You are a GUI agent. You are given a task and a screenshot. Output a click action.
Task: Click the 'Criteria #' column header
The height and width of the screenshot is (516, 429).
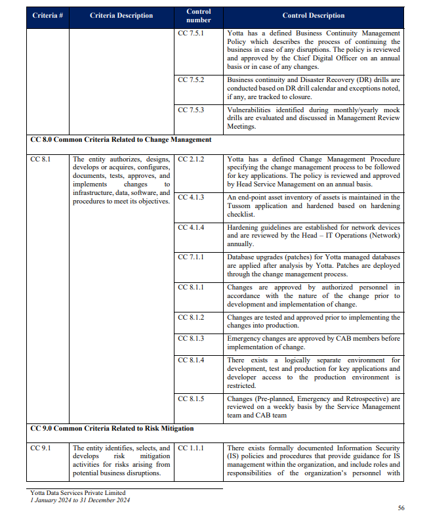(47, 15)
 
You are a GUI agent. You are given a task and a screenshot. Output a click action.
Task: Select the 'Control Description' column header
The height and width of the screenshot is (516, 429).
(313, 15)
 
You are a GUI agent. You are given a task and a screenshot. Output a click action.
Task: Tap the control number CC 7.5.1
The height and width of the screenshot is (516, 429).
(191, 32)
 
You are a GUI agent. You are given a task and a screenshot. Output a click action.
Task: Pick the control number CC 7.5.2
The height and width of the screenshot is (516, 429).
(191, 79)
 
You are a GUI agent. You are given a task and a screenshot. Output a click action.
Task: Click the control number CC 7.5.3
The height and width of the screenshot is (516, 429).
(191, 110)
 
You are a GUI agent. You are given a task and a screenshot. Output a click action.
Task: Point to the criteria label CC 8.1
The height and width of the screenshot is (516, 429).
(40, 159)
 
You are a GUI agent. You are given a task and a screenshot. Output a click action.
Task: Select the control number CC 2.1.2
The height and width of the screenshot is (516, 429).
(191, 159)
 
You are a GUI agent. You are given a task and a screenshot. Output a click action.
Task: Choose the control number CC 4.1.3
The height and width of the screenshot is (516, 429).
(191, 197)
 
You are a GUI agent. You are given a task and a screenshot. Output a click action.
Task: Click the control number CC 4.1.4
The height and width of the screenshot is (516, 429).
(191, 227)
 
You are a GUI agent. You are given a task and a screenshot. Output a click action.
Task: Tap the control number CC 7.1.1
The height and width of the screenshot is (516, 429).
(191, 257)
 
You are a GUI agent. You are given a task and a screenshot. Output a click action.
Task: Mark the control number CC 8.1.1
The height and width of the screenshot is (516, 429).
(191, 288)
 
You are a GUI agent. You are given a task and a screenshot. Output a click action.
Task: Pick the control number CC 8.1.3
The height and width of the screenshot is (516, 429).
(191, 338)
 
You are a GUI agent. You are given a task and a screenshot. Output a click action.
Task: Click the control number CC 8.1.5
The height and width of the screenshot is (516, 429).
(191, 398)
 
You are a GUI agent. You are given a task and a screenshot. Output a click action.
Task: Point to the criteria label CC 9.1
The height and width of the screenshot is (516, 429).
(40, 448)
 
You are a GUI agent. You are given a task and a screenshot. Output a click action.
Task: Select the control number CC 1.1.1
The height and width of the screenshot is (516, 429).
(191, 448)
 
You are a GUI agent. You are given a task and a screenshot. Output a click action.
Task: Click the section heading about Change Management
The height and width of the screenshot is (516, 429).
(121, 140)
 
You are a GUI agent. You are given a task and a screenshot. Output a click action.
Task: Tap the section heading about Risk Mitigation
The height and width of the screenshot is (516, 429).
(112, 428)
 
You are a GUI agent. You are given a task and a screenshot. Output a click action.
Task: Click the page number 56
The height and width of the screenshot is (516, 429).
(401, 507)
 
